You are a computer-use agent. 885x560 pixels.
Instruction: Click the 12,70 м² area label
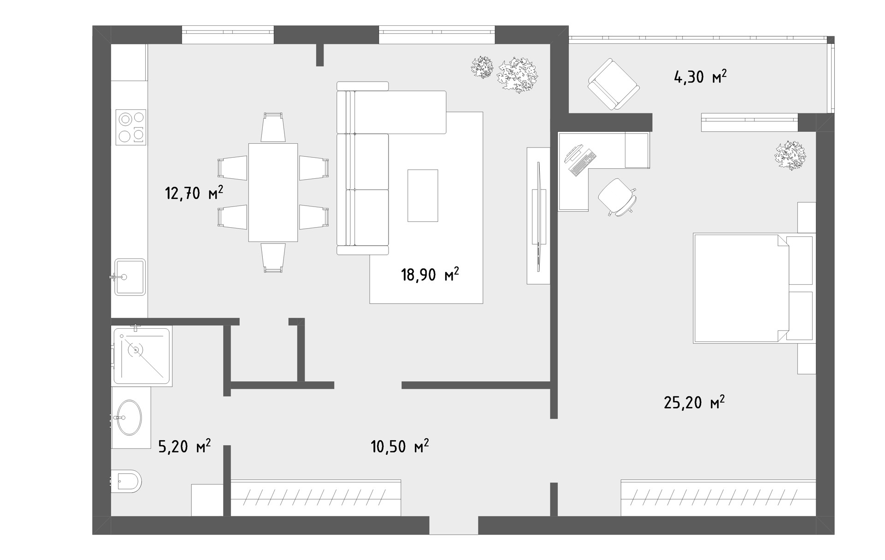tap(194, 193)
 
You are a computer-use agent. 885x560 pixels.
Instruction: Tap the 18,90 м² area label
tap(430, 275)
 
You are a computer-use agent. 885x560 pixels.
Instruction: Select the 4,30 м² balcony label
tap(700, 77)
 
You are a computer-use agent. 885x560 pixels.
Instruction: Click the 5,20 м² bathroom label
tap(185, 446)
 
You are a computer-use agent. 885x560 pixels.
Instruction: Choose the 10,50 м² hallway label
tap(400, 446)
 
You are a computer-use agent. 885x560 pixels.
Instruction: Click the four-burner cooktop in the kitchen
tap(131, 127)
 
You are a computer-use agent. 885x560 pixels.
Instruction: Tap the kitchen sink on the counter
tap(130, 277)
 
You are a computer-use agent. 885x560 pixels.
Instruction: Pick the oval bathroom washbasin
tap(128, 418)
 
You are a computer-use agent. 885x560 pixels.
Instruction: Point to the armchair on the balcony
tap(614, 84)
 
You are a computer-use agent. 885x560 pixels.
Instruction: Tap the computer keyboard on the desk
tap(583, 163)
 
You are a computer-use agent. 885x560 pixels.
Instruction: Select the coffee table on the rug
tap(423, 195)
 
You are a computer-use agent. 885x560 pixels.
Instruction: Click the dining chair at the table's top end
tap(273, 128)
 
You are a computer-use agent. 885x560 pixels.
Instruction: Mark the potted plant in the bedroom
tap(791, 156)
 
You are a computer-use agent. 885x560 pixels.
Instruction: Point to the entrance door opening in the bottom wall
tap(454, 525)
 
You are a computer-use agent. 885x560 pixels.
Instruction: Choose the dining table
tap(273, 192)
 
